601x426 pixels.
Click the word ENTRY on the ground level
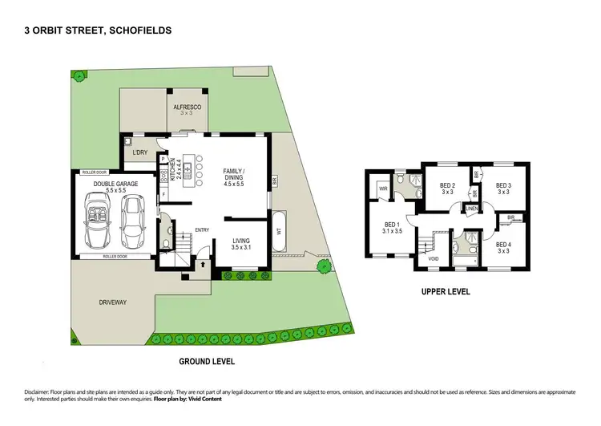point(203,230)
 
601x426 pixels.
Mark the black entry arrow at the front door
point(202,262)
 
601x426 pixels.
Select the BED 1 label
point(392,228)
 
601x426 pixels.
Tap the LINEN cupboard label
point(471,209)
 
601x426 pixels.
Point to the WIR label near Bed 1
point(382,190)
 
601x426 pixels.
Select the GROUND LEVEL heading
point(207,361)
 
